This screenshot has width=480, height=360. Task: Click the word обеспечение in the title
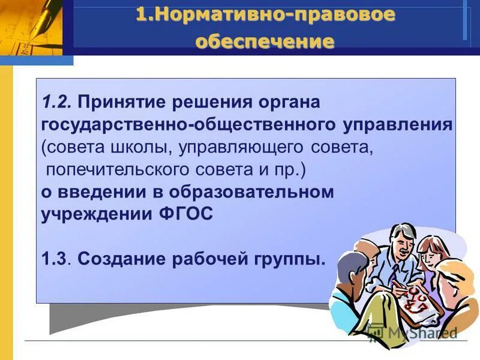[x=265, y=41]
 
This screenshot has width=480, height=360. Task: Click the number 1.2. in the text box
[x=58, y=103]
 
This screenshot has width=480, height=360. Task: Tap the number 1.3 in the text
[x=56, y=260]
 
